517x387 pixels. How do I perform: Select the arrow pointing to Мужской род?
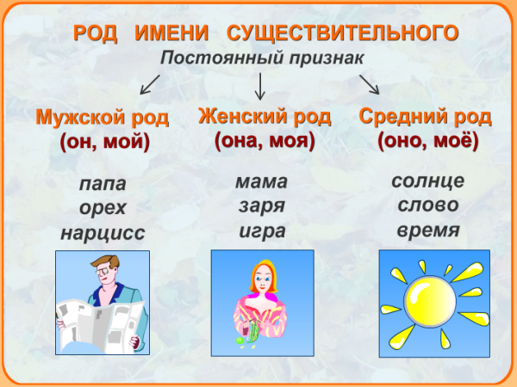pyautogui.click(x=150, y=83)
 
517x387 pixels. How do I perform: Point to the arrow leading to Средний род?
pyautogui.click(x=369, y=83)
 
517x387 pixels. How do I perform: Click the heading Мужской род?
pyautogui.click(x=103, y=117)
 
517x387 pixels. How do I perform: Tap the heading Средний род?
pyautogui.click(x=426, y=115)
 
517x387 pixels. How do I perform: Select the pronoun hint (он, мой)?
pyautogui.click(x=104, y=142)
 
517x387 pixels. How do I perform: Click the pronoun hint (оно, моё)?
pyautogui.click(x=427, y=140)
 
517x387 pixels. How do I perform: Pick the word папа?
pyautogui.click(x=102, y=184)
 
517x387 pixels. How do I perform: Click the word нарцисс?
pyautogui.click(x=103, y=232)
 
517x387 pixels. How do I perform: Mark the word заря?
pyautogui.click(x=261, y=206)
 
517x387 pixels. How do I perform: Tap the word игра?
pyautogui.click(x=261, y=230)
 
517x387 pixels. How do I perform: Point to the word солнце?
pyautogui.click(x=427, y=181)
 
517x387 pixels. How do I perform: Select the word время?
pyautogui.click(x=427, y=230)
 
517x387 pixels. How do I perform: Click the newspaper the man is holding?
pyautogui.click(x=83, y=324)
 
